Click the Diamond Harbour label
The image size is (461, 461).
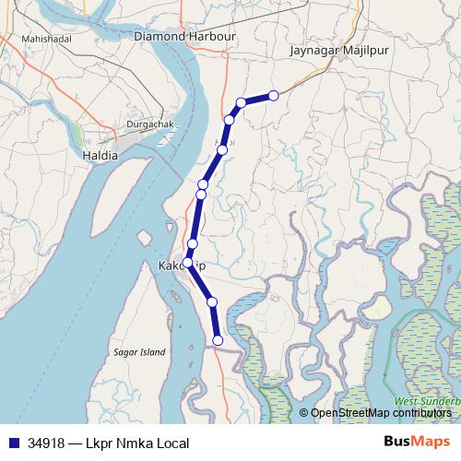185,36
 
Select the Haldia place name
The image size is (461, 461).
100,156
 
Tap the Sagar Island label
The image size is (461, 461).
138,352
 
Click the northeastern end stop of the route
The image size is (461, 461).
274,95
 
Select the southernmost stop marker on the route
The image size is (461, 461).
218,340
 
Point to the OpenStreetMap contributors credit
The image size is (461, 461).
381,413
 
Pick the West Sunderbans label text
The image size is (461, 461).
427,403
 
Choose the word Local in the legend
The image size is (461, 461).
171,443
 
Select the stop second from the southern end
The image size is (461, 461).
212,301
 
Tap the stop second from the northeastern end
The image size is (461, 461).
241,102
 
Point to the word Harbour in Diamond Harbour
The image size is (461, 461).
211,36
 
